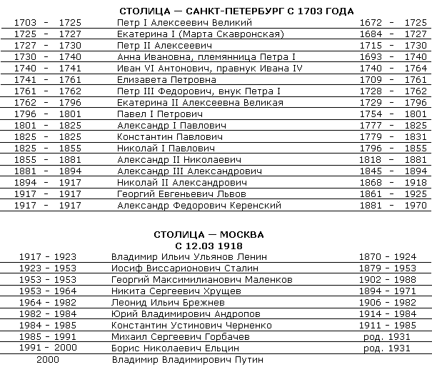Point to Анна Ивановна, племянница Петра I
[x=193, y=57]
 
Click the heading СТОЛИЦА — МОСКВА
[x=209, y=234]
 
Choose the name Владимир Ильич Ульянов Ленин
[x=189, y=257]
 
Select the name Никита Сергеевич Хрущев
[x=173, y=291]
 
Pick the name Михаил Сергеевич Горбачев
[x=179, y=337]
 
